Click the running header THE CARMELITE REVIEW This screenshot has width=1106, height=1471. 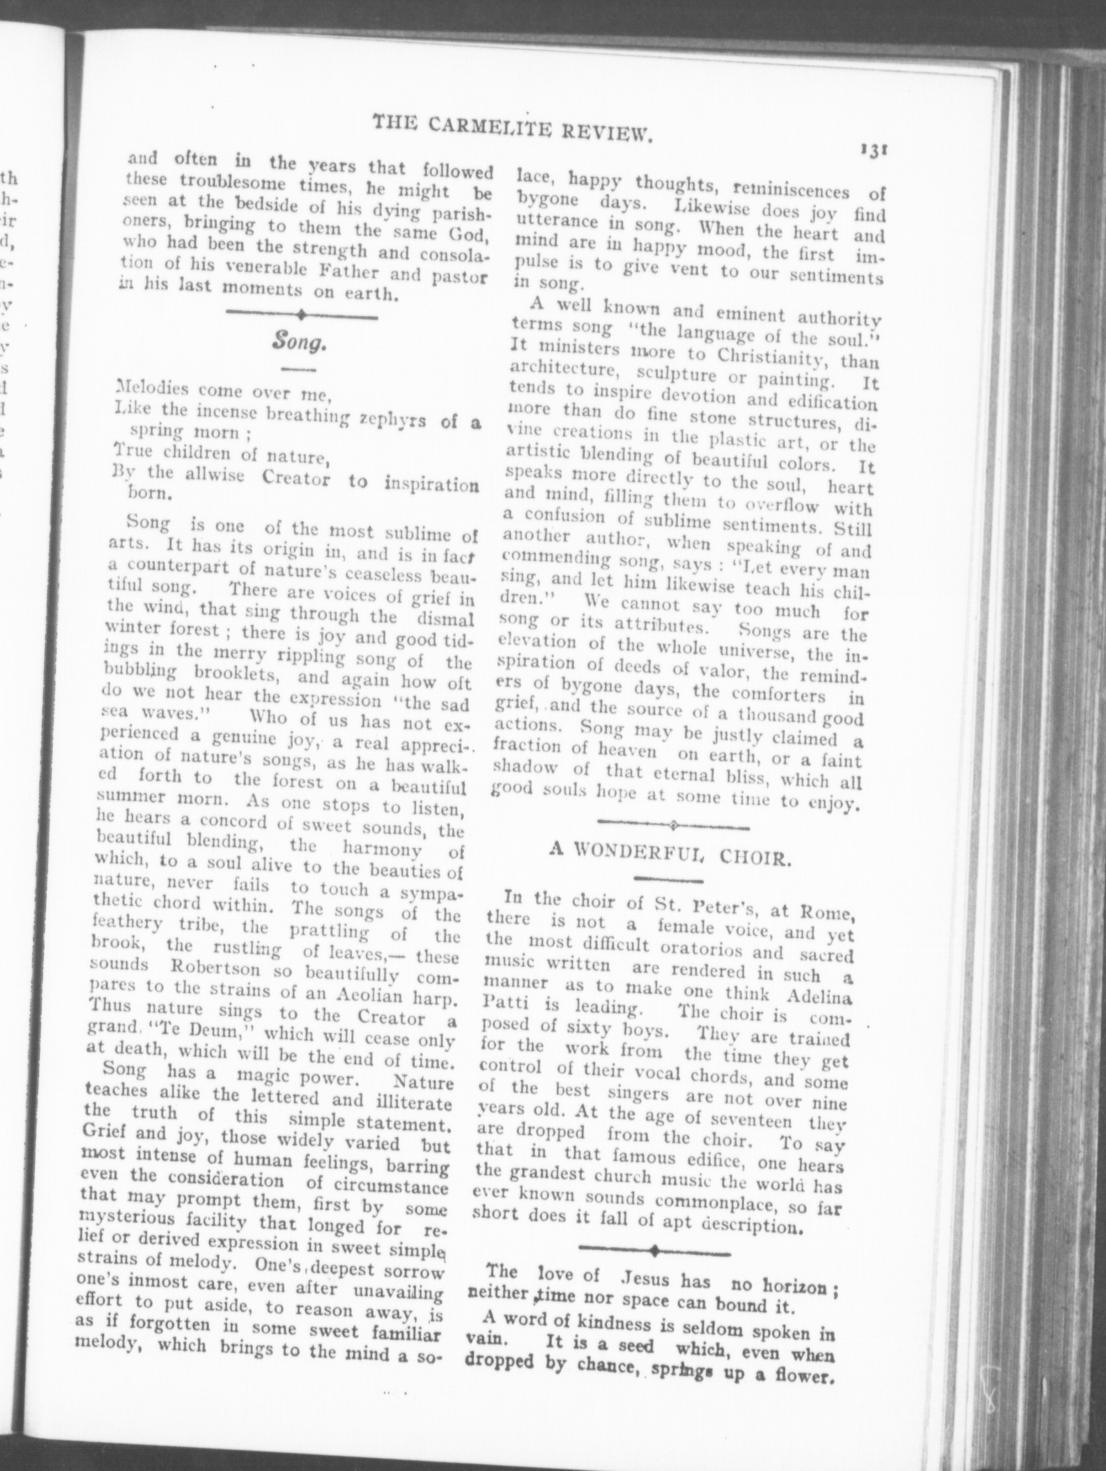510,129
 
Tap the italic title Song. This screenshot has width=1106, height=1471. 298,343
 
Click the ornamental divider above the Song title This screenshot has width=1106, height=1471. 302,314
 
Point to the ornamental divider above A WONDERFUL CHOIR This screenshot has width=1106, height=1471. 673,826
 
